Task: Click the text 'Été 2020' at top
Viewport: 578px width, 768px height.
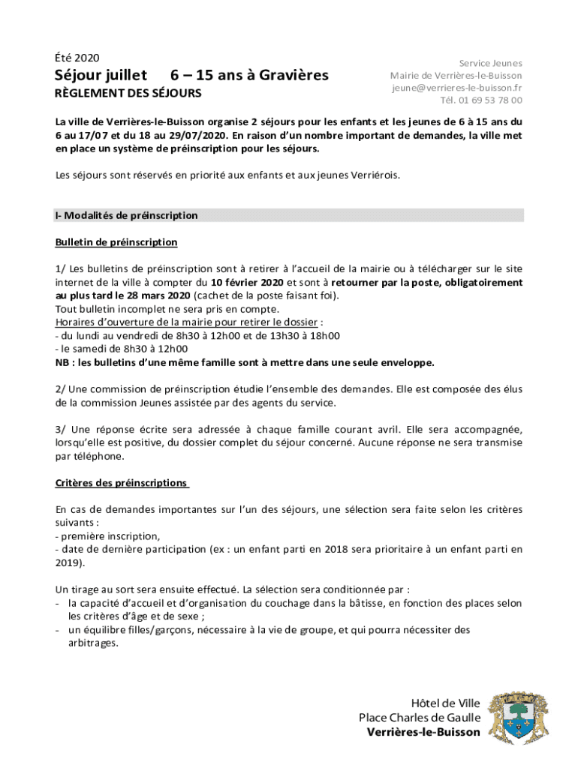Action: pos(77,58)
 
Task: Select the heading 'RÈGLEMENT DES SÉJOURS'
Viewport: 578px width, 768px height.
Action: pos(128,94)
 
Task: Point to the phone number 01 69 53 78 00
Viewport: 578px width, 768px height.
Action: pos(490,100)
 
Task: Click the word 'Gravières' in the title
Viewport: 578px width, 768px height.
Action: pos(291,75)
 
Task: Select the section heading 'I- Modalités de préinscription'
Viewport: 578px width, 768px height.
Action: pos(126,216)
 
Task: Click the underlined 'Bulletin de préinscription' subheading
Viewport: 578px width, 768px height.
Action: pos(116,242)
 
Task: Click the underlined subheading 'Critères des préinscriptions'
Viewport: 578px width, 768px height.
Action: pos(120,482)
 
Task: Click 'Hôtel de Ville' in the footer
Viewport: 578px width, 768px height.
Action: pos(446,703)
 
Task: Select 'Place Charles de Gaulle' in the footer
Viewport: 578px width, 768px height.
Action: pos(420,718)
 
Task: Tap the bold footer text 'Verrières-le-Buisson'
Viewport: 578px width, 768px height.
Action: pos(424,732)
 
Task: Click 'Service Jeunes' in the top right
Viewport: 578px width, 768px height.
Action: pos(491,64)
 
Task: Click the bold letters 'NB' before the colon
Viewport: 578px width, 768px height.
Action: pos(62,362)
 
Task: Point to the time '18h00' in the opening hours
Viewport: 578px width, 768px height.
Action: pos(324,336)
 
